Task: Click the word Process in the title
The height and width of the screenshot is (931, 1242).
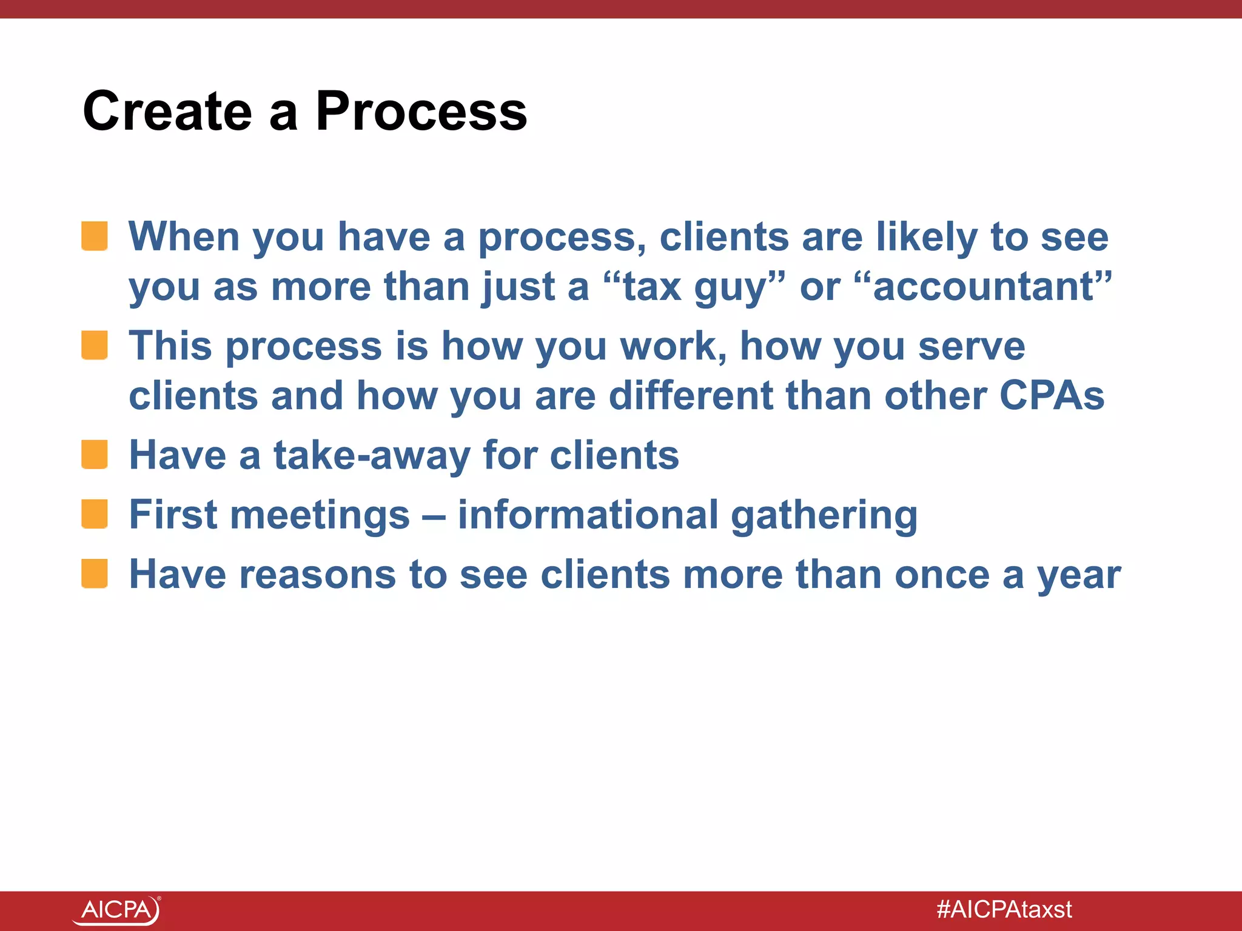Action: click(421, 112)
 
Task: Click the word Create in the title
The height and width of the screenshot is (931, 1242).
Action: click(167, 112)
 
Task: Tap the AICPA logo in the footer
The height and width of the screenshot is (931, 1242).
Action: click(117, 910)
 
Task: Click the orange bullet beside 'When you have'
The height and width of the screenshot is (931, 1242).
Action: click(95, 236)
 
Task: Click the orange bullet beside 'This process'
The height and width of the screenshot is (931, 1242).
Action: click(95, 345)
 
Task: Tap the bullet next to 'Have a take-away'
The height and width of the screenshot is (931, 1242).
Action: click(95, 455)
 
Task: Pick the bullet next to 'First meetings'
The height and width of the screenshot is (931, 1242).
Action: click(95, 514)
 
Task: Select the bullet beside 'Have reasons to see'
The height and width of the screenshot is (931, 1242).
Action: click(95, 574)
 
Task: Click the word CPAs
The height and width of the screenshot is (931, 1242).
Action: click(1052, 396)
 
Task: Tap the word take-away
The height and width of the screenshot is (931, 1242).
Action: click(371, 456)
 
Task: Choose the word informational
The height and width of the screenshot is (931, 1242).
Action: click(588, 515)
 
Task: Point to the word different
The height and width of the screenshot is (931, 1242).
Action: click(690, 396)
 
